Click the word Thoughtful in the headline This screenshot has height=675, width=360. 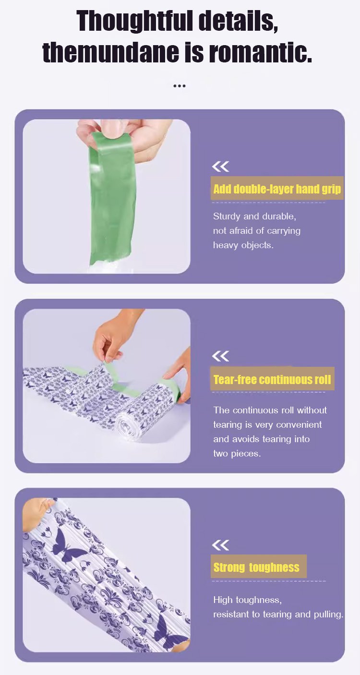134,21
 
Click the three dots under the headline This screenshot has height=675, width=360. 179,86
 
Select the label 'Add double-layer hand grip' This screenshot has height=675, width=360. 277,189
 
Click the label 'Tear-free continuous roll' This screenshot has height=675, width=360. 272,379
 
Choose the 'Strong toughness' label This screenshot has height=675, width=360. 256,567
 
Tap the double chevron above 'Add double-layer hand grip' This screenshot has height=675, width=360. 220,166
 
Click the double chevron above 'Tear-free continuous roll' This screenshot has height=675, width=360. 220,356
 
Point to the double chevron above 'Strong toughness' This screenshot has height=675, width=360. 220,545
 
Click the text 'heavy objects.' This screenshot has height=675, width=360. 243,245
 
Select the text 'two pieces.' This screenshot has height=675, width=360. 237,454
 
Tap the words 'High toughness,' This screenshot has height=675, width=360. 247,600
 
